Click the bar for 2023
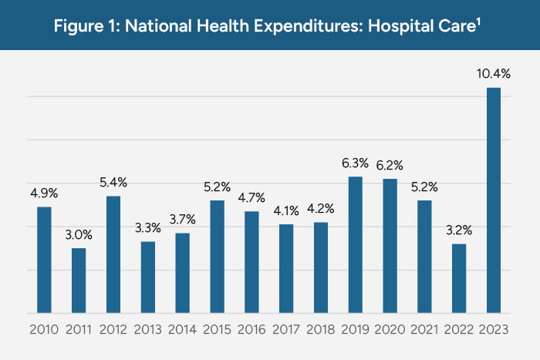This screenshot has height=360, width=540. click(494, 200)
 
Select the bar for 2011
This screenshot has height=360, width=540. click(79, 281)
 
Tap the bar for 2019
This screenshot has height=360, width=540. click(355, 245)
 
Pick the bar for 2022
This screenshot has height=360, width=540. click(459, 278)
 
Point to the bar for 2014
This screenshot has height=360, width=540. click(182, 273)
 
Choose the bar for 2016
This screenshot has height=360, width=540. click(251, 262)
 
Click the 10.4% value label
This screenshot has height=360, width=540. click(494, 74)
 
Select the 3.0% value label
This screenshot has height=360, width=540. click(79, 234)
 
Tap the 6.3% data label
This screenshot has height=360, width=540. click(355, 163)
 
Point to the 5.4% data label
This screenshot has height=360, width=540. click(113, 183)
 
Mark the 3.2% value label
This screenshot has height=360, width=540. click(459, 230)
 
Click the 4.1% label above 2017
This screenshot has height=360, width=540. click(286, 210)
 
